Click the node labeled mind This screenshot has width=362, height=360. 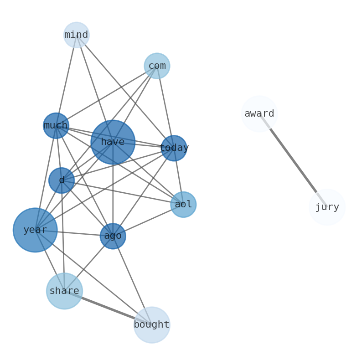coord(76,35)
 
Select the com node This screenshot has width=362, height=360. coord(157,66)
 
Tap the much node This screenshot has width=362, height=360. coord(56,125)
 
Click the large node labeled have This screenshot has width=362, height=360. coord(113,142)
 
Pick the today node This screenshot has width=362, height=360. coord(174,148)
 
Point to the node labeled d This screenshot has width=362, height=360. coord(61,180)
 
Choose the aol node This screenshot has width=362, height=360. coord(183,205)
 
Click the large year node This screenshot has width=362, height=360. coord(35,230)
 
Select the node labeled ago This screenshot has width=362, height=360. coord(113,236)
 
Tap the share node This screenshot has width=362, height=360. coord(64,291)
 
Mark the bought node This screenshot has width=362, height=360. coord(151,325)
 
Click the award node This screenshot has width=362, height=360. coord(259,113)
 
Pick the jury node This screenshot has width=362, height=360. coord(327,207)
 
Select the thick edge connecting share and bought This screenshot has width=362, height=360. coord(108,308)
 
